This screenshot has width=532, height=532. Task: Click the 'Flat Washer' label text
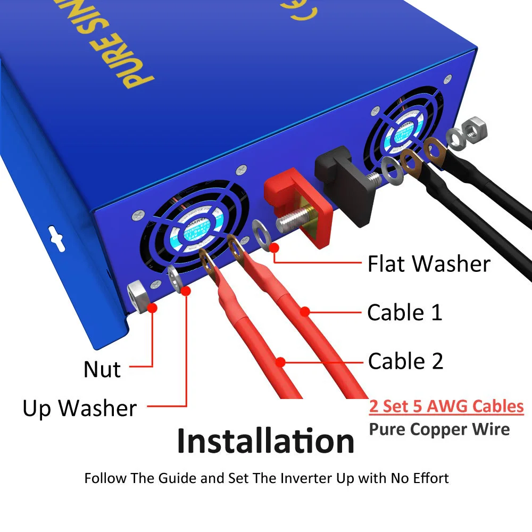point(429,264)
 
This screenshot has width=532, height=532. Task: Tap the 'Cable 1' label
point(405,312)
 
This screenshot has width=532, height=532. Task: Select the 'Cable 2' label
point(405,361)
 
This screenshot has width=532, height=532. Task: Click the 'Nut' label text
point(102,370)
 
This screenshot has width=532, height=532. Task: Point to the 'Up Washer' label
point(80,409)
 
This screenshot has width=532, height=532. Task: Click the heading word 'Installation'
point(265,441)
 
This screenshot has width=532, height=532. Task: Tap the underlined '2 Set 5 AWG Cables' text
point(446,407)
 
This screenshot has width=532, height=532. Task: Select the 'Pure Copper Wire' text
point(439,429)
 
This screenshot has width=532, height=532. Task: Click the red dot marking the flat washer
point(275,247)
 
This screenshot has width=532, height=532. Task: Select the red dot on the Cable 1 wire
point(304,312)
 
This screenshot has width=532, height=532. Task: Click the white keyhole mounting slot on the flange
point(54,234)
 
